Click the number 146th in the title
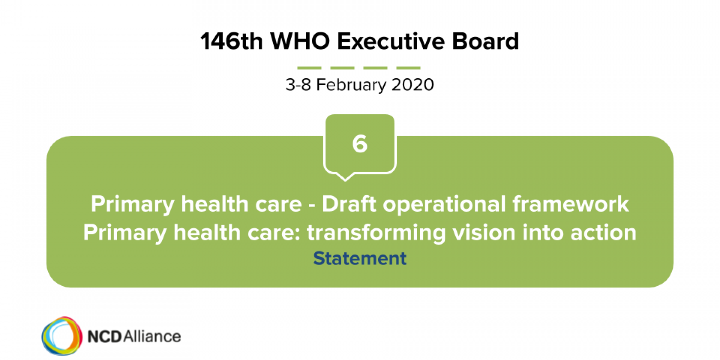pos(232,41)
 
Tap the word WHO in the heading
pos(300,41)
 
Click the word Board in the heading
pos(485,41)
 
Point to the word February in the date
pos(351,85)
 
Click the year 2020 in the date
pos(412,84)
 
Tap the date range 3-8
pos(298,84)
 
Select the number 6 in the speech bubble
pos(360,144)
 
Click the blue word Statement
pos(360,258)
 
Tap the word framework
pos(571,204)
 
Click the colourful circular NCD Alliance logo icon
pos(62,336)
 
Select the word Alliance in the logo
pos(152,336)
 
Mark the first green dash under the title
pos(309,68)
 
